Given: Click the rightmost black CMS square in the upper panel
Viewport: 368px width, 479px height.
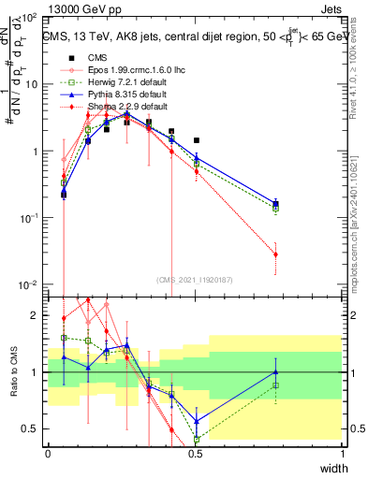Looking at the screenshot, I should [196, 140].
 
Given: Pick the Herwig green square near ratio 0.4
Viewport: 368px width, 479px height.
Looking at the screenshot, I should [197, 439].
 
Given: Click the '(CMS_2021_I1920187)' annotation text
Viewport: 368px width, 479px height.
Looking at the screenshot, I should [195, 278].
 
